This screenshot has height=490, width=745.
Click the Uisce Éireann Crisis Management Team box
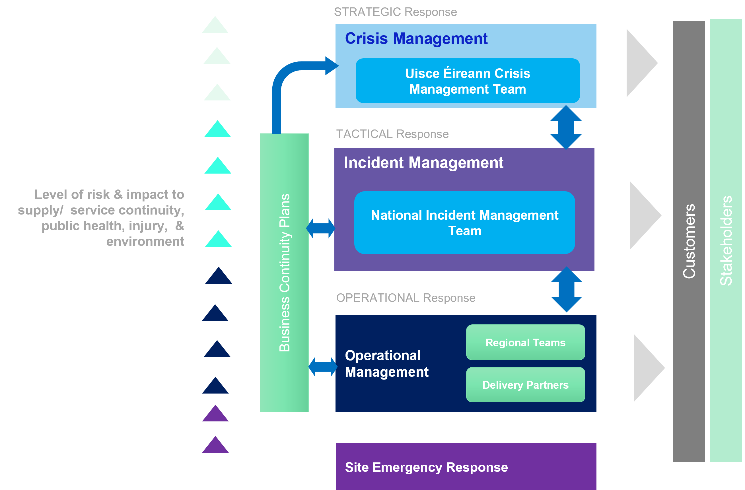tap(467, 81)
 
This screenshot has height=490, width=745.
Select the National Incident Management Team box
tap(464, 223)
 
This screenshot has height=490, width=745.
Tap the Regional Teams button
tap(525, 342)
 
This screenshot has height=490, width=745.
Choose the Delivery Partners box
tap(525, 385)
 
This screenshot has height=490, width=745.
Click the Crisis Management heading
tap(416, 38)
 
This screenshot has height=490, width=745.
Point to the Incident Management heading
tap(423, 162)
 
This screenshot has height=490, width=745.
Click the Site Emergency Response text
tap(426, 467)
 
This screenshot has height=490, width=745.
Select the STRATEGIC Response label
tap(395, 12)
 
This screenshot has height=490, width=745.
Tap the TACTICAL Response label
tap(392, 134)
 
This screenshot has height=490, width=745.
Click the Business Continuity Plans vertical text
tap(284, 272)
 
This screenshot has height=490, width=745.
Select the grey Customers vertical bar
tap(689, 241)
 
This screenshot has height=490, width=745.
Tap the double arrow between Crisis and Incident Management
tap(566, 127)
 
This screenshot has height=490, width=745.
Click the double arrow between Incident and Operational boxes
tap(566, 289)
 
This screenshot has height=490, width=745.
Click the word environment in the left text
tap(145, 241)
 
